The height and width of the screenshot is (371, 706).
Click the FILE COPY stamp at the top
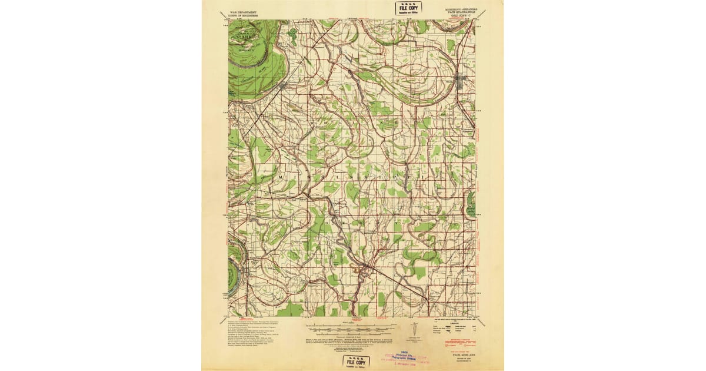407,9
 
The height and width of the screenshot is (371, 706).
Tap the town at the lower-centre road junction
364,269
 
